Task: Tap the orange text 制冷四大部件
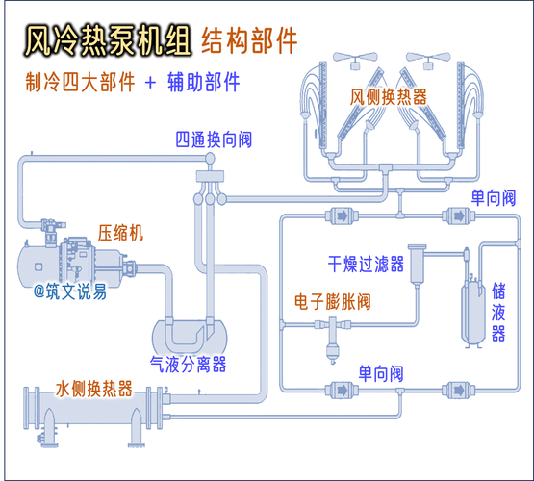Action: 79,83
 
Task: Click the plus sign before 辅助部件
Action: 149,83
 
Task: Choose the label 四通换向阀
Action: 213,139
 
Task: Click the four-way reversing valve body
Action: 208,177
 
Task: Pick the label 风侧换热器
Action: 389,97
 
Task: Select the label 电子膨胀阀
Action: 332,302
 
